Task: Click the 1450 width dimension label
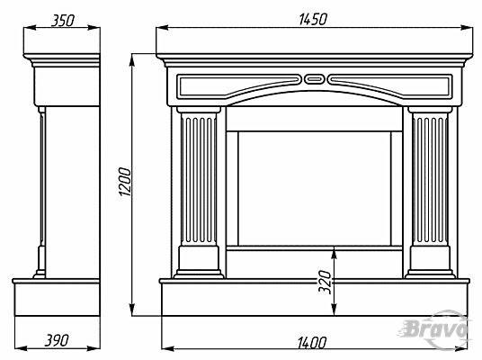coord(313,19)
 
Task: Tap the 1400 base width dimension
coord(312,343)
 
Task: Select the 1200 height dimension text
coord(125,182)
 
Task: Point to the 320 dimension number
coord(325,282)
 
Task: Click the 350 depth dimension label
coord(63,21)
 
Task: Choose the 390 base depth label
coord(57,340)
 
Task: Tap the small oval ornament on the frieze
coord(314,79)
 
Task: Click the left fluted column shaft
coord(199,179)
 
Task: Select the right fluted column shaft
coord(430,179)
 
